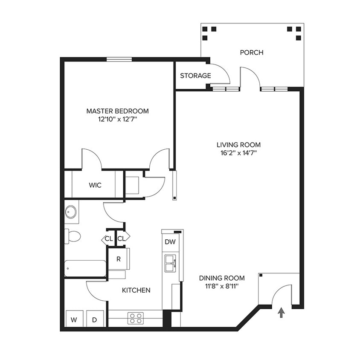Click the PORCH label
(x=251, y=52)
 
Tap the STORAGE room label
(x=195, y=76)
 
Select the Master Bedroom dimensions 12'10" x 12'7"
(x=117, y=120)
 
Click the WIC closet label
(x=95, y=185)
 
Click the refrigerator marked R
(x=119, y=258)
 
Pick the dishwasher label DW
(x=170, y=242)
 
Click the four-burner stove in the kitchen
(x=136, y=318)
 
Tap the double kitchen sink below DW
(x=170, y=263)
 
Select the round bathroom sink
(x=71, y=212)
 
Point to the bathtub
(x=85, y=268)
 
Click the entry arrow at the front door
(x=281, y=314)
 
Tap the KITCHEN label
(x=136, y=290)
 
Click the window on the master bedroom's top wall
(x=119, y=59)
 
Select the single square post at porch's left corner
(x=205, y=38)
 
